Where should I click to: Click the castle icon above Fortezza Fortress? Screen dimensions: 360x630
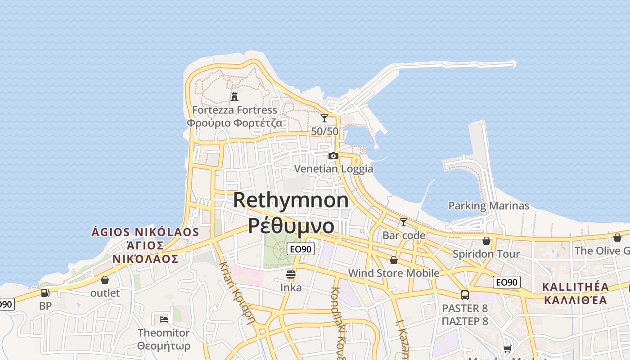point(234,96)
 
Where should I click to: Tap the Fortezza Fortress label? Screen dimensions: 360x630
point(234,110)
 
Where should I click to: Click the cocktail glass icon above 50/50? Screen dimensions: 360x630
point(324,118)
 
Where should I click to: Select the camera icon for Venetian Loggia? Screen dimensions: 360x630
point(333,156)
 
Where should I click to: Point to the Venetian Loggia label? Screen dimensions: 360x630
point(333,169)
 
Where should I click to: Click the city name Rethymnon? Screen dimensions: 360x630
point(291,200)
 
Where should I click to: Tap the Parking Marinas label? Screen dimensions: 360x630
point(489,206)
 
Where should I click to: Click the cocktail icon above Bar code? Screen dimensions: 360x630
point(404,222)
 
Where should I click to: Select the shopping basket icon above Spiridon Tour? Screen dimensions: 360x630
point(486,241)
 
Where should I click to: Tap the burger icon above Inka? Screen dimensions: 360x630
point(291,274)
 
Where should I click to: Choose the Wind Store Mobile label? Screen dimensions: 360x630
point(394,273)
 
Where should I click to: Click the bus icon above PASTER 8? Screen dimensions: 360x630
point(465,295)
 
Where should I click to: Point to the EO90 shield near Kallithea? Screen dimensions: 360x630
point(507,282)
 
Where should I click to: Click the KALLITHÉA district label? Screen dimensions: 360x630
point(576,287)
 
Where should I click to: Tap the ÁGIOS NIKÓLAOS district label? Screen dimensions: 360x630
point(145,232)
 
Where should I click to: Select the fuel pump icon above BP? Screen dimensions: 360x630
point(45,293)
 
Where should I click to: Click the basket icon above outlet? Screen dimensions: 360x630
point(105,280)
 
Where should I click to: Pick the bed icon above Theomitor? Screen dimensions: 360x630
point(164,319)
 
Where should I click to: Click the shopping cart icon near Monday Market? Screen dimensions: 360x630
point(508,349)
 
